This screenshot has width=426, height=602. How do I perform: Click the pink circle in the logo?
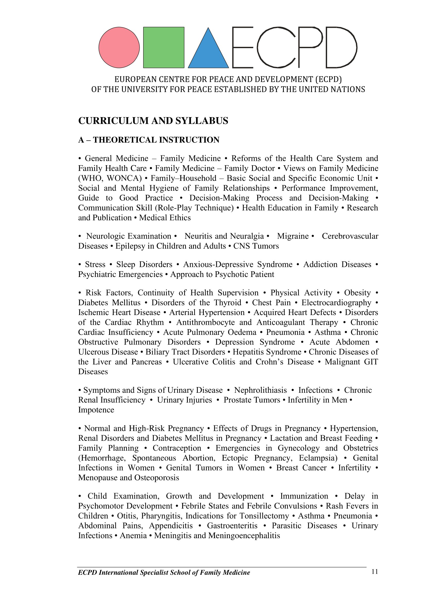click(x=119, y=47)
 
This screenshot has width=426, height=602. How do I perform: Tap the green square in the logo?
click(x=164, y=47)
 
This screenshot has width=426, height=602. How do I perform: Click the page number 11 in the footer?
click(x=375, y=572)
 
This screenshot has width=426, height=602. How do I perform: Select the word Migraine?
click(x=293, y=236)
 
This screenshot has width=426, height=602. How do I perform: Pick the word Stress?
click(x=95, y=265)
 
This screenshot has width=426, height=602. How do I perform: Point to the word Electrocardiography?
click(x=336, y=303)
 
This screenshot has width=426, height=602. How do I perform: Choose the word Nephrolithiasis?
click(x=260, y=390)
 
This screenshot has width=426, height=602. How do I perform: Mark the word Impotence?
click(x=96, y=410)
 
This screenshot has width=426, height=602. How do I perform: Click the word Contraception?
click(x=177, y=448)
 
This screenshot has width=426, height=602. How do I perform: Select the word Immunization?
click(x=304, y=496)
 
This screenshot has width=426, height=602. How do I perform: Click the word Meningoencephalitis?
click(x=244, y=536)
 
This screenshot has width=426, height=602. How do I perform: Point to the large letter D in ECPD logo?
click(x=341, y=47)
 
